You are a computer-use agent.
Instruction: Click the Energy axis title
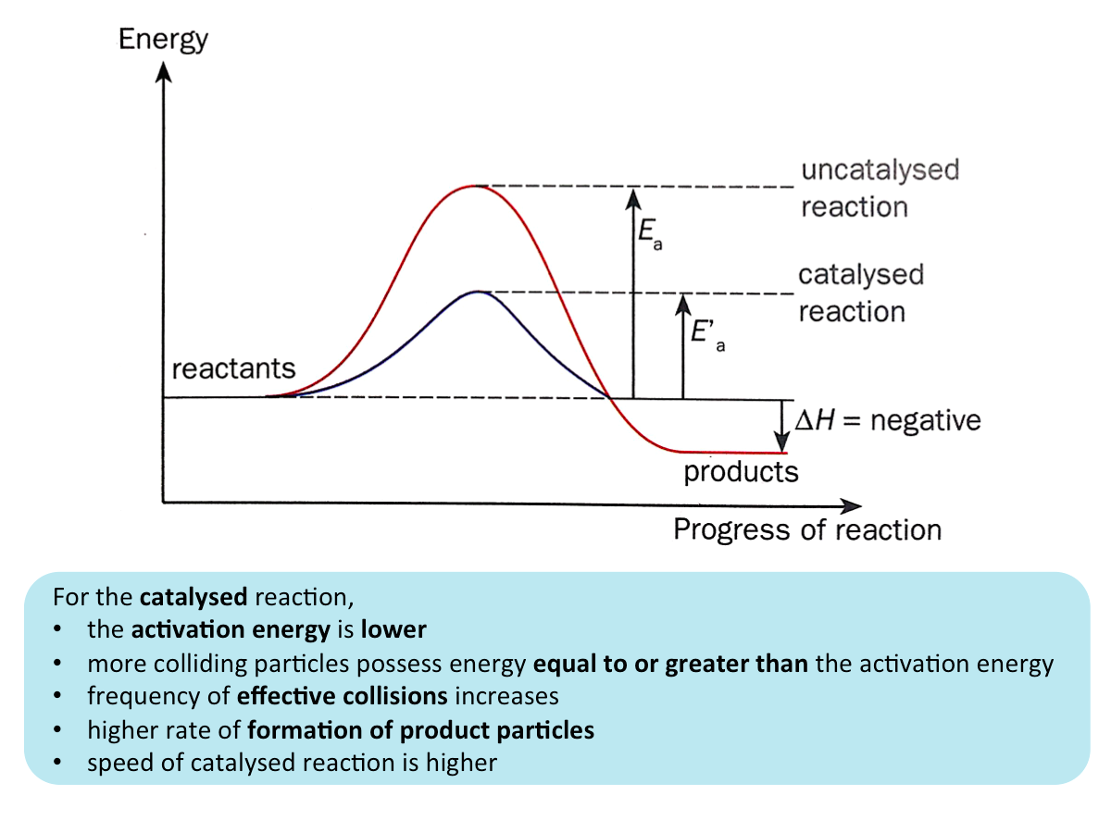tap(163, 40)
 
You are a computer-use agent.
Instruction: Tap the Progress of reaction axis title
tap(806, 530)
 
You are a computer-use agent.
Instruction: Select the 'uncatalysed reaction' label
tap(879, 188)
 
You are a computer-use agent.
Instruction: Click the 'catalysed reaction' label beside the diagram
tap(861, 292)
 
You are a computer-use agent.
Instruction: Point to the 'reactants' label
tap(233, 368)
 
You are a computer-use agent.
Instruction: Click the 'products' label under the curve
tap(741, 472)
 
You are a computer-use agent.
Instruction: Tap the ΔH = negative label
tap(888, 421)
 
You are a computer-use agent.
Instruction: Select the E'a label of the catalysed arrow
tap(706, 335)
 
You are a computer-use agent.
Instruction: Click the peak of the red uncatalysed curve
tap(475, 186)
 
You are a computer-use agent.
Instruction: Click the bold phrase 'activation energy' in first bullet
tap(231, 630)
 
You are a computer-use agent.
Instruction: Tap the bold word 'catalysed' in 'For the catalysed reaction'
tap(193, 597)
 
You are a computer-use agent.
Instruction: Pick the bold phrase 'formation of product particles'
tap(420, 730)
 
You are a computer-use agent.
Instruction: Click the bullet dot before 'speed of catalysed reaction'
tap(58, 764)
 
